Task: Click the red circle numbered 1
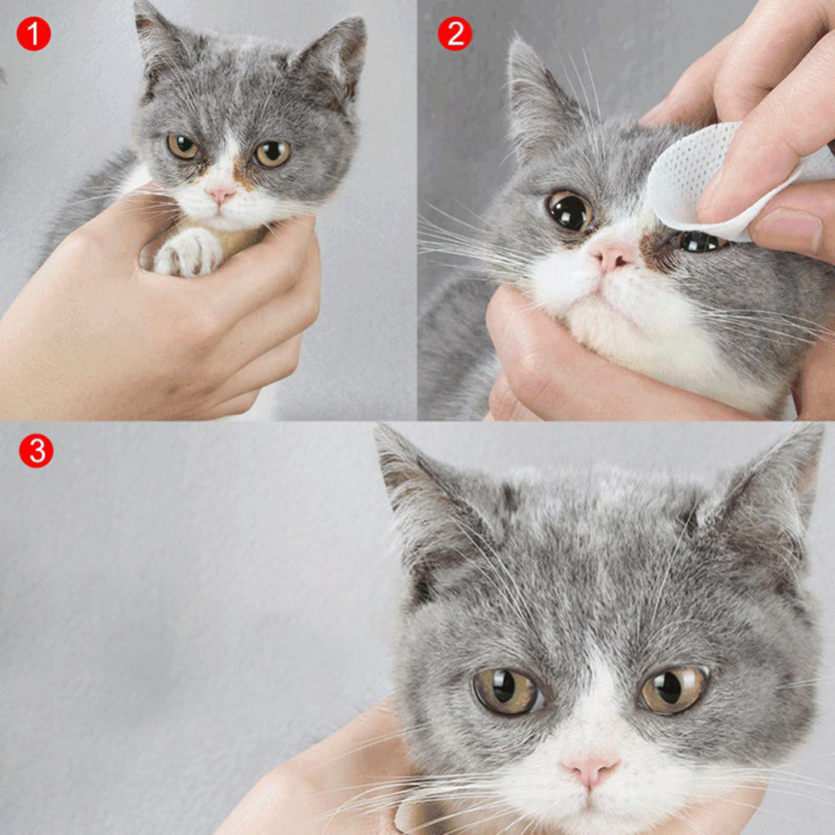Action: [x=33, y=33]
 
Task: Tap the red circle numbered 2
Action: [x=455, y=33]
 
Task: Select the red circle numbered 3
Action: [x=36, y=451]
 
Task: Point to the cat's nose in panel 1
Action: [x=221, y=195]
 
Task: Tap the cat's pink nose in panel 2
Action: [x=611, y=257]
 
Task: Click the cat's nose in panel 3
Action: [x=591, y=770]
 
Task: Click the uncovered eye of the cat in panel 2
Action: [x=569, y=210]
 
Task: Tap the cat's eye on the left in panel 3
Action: [x=507, y=691]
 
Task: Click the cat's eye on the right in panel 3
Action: [x=674, y=688]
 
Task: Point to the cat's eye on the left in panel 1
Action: [x=183, y=146]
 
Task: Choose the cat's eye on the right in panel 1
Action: [x=272, y=153]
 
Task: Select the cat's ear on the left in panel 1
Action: [x=159, y=42]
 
